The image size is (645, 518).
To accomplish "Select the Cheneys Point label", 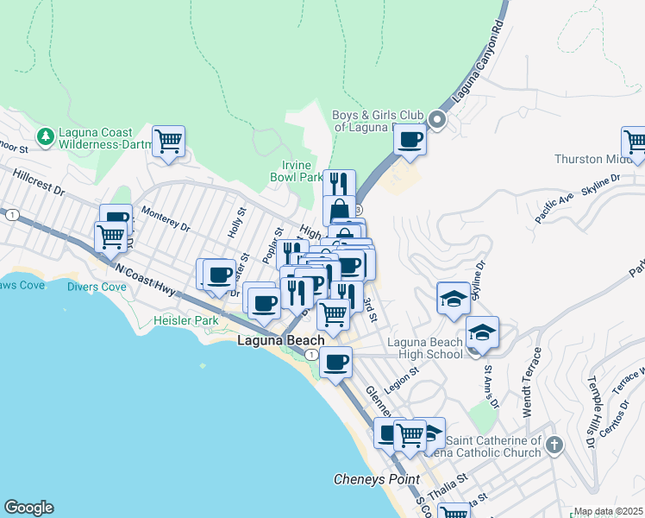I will [x=377, y=479].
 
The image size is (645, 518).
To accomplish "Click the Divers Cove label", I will [x=97, y=287].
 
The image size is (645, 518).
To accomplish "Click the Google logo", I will [x=28, y=508].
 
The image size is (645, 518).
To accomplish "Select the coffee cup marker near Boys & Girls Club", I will [x=410, y=138].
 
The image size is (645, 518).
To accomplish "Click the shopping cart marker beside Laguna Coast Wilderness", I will [x=169, y=141].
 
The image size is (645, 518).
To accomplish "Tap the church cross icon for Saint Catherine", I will [x=554, y=445].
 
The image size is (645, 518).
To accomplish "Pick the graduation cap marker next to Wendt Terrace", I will [x=483, y=332].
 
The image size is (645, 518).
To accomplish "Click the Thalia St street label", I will [x=450, y=477].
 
